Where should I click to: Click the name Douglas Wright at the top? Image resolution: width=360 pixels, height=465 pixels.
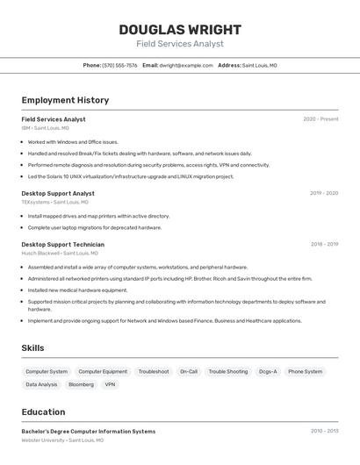point(180,30)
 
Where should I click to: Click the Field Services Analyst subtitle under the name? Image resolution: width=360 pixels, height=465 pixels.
point(180,44)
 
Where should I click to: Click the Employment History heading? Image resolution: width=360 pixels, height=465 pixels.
point(65,100)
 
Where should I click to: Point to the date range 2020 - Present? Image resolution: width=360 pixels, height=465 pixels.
point(320,119)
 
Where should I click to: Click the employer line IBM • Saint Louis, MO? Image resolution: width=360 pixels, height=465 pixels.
point(45,128)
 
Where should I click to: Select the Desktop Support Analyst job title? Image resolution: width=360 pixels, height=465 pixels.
point(58,193)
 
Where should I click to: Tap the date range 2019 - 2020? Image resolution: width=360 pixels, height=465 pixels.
point(324,193)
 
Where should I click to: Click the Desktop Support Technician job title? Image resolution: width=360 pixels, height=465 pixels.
point(62,245)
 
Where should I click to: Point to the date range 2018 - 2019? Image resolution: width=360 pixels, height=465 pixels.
point(324,245)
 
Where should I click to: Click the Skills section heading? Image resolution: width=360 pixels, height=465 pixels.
point(32,348)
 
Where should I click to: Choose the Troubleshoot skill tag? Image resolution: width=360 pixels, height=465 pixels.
point(154,371)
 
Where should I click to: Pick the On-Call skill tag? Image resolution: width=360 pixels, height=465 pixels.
point(189,371)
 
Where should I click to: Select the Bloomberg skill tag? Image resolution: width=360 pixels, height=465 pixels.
point(81,384)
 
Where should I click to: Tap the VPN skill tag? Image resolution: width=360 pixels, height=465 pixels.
point(110,384)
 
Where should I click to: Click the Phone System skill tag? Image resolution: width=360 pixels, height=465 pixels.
point(306,371)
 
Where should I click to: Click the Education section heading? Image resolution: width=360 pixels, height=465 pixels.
point(43,412)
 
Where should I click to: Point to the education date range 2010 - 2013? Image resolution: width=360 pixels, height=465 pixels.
point(324,432)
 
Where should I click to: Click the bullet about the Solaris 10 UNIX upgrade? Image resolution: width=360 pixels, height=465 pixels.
point(131,176)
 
